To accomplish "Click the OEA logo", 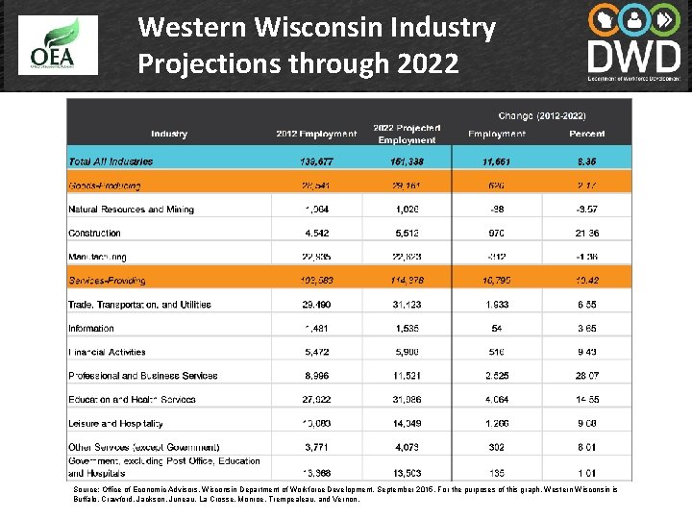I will click(x=58, y=46).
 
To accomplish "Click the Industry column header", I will click(x=169, y=134).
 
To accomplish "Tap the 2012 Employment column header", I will click(x=316, y=134).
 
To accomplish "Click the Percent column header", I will click(x=586, y=134).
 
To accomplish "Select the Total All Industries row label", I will click(x=111, y=161).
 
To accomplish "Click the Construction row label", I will click(x=94, y=234).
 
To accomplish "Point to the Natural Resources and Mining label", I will click(x=131, y=210).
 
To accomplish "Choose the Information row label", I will click(x=92, y=328).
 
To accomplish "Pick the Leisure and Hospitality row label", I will click(x=115, y=423).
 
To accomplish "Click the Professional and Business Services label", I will click(x=142, y=376).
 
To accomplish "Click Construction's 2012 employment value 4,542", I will click(x=316, y=234).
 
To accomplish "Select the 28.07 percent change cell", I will click(x=586, y=376).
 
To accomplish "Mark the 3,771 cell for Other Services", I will click(x=316, y=447).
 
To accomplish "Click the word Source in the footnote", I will click(x=86, y=489).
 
